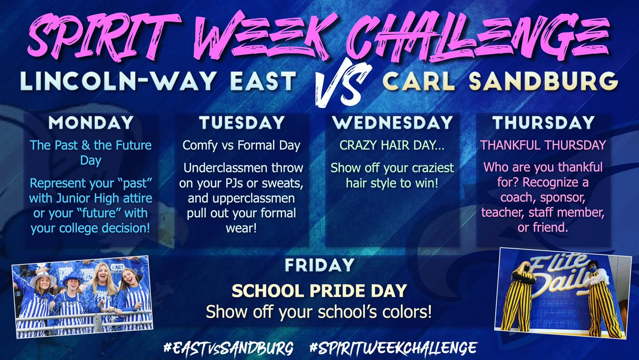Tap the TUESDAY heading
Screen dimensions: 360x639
point(242,123)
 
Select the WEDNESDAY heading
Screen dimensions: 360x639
point(392,123)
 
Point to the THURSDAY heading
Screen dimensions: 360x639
point(543,123)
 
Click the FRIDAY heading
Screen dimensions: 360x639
point(318,265)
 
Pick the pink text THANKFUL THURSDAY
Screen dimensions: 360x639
point(543,145)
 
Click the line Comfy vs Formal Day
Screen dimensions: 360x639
point(242,145)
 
